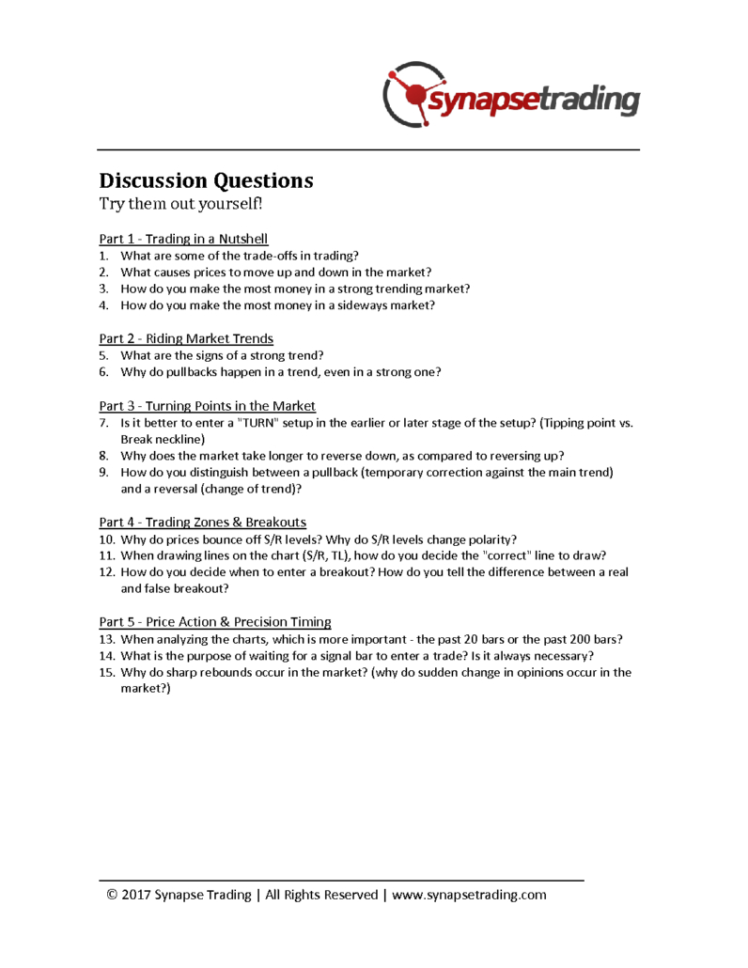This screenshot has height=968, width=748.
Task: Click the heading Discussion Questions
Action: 206,180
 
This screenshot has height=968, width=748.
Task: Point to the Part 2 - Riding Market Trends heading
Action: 186,338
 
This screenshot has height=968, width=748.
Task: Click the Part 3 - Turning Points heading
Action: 207,406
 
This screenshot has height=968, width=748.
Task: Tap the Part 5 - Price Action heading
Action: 214,621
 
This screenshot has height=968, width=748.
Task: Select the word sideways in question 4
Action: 366,305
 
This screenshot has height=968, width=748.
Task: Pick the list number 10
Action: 106,539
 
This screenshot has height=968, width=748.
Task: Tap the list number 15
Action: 106,672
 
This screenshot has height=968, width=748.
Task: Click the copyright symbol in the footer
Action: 112,895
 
